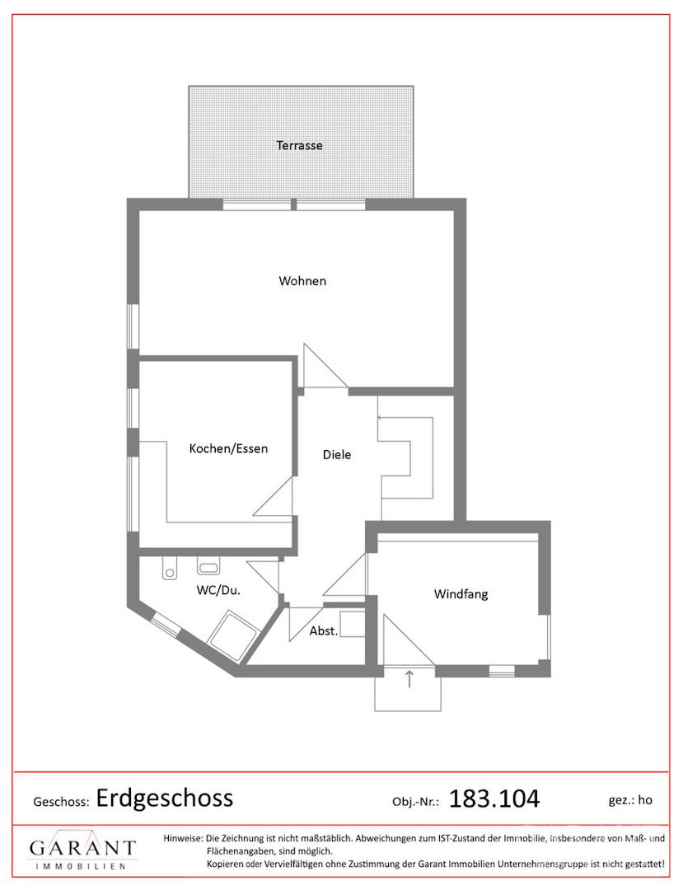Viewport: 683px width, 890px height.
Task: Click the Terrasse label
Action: tap(299, 145)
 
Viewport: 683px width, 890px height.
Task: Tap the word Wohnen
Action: tap(302, 281)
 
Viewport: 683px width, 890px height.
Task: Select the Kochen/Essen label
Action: tap(228, 448)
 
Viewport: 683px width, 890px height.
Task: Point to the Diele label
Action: tap(336, 455)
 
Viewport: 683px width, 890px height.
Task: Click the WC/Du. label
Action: tap(218, 590)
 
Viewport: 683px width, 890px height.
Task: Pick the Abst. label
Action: tap(323, 630)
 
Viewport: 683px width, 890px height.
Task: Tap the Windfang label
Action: tap(461, 594)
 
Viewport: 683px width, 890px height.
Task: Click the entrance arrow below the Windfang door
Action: tap(409, 679)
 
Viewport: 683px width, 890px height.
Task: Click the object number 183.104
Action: tap(494, 799)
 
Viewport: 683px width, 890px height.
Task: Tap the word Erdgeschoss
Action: tap(165, 798)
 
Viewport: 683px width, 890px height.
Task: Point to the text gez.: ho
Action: tap(630, 799)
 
